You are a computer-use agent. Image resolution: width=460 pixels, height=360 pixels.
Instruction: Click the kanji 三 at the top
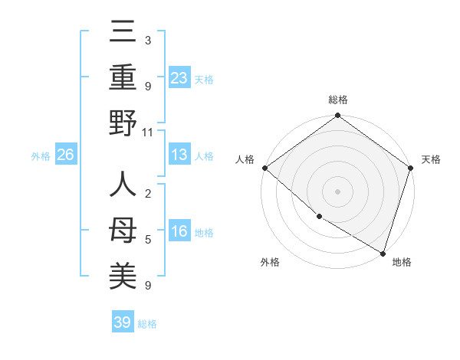point(123,33)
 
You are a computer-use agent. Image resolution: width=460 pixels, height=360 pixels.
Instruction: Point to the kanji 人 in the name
point(123,185)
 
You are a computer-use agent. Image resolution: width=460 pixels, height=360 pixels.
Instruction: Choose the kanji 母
point(123,231)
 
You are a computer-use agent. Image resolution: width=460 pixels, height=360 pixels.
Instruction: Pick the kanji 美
point(123,276)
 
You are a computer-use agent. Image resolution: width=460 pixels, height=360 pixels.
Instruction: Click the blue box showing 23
point(179,77)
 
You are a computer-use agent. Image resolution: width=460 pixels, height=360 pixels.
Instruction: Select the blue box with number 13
point(179,155)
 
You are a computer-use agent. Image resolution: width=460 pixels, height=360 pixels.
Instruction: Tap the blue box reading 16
point(179,231)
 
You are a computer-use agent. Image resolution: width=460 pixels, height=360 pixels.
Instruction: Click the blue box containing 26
point(66,155)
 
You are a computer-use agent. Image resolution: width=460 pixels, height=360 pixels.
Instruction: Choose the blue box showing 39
point(123,322)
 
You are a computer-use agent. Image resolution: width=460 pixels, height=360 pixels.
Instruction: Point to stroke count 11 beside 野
point(147,133)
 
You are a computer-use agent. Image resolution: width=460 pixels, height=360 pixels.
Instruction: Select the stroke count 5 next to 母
point(147,240)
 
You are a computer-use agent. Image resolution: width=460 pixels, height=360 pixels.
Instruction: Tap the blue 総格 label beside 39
point(147,324)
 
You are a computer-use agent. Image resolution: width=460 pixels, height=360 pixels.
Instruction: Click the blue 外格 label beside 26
point(41,156)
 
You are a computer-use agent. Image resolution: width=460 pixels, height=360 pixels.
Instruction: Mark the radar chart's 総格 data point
point(337,116)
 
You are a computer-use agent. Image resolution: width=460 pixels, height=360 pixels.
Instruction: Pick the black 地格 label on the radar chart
point(402,262)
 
